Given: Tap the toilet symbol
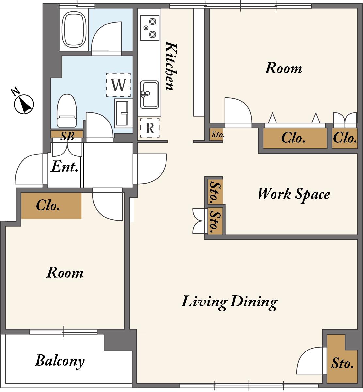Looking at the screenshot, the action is tap(67, 111).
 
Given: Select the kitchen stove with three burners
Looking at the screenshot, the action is tap(150, 28).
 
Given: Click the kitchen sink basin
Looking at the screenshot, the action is tap(150, 94).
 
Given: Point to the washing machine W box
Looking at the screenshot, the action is tap(118, 85).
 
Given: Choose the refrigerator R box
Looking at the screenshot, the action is tap(150, 128).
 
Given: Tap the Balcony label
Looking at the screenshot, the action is tap(60, 361).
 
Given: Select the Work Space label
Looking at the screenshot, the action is tap(294, 194).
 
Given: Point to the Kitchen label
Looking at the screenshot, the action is tap(171, 66).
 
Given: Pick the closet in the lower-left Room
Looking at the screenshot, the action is tap(51, 206).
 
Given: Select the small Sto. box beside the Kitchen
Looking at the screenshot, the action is tap(216, 135).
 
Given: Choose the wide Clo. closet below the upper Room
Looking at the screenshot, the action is tap(295, 138).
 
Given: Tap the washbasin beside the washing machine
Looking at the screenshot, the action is tap(123, 112).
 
